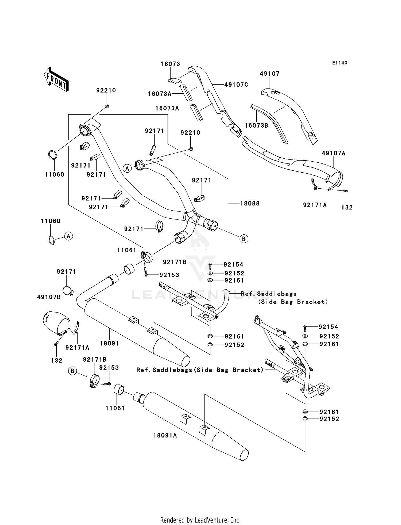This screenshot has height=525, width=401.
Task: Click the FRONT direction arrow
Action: click(x=56, y=79)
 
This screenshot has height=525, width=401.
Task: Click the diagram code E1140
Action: click(x=340, y=63)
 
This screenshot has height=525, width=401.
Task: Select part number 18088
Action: click(x=250, y=203)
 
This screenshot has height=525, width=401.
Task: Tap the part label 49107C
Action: click(x=236, y=85)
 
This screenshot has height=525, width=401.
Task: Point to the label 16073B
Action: click(x=256, y=125)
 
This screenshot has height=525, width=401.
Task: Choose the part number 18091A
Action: click(x=165, y=435)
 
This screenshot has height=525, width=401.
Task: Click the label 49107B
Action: click(x=49, y=297)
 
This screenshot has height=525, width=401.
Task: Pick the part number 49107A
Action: click(x=333, y=153)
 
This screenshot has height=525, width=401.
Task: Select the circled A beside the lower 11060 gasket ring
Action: click(x=69, y=236)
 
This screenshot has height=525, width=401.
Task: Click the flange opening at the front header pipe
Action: click(x=84, y=132)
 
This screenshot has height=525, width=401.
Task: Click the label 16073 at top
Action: click(x=170, y=64)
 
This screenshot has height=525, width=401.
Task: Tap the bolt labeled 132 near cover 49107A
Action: click(x=346, y=191)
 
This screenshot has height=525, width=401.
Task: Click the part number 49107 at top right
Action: click(x=269, y=74)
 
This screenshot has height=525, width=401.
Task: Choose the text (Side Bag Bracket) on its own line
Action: click(x=293, y=302)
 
